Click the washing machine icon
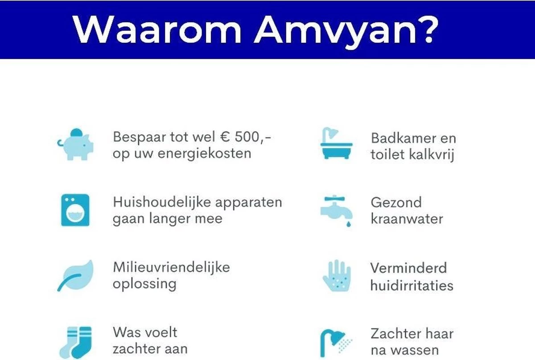pos(75,210)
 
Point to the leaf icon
pos(75,275)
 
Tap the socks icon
pos(75,342)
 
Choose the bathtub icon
pos(336,144)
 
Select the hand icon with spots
pos(337,276)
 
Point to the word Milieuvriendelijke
pos(171,267)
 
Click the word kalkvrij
pos(432,155)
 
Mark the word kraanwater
pos(407,219)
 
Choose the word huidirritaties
pos(412,285)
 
